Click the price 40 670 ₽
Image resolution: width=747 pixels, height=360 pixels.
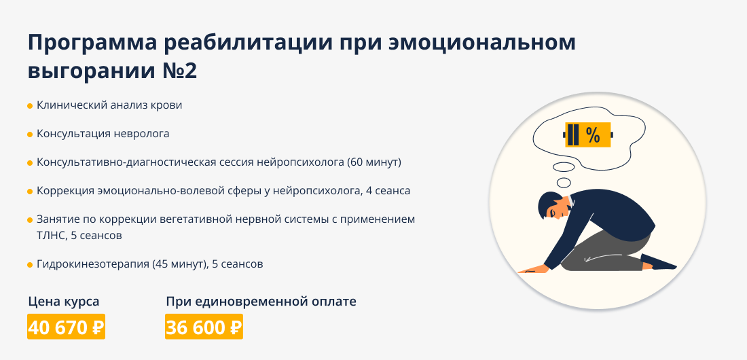(x=67, y=327)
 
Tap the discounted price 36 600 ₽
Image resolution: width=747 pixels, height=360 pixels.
(x=204, y=327)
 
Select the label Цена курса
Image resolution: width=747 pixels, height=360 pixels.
(x=64, y=302)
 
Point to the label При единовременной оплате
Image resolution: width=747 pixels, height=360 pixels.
(x=261, y=302)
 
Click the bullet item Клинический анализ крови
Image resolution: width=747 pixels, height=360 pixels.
(x=109, y=105)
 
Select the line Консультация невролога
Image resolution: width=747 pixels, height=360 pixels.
(x=103, y=134)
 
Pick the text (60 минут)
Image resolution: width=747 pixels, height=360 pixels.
(x=374, y=162)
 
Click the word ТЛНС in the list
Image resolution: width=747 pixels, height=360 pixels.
(x=50, y=236)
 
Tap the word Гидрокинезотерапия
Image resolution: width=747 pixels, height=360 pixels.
(x=93, y=264)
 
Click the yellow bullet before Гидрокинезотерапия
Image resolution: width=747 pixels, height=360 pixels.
(x=30, y=265)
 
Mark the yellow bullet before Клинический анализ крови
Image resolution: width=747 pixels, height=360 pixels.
(x=30, y=106)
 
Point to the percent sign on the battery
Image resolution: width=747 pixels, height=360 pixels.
(x=593, y=135)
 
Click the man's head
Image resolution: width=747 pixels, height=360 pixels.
(x=553, y=206)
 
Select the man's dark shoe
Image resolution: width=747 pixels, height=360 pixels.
(x=659, y=262)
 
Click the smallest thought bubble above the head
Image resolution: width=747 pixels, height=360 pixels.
(x=564, y=182)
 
